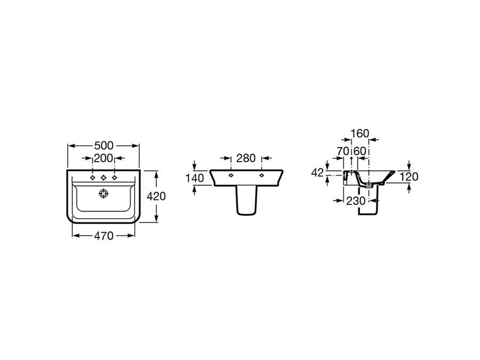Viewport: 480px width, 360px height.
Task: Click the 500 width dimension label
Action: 104,146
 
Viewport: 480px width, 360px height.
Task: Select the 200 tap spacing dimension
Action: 103,158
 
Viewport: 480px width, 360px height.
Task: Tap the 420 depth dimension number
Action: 156,196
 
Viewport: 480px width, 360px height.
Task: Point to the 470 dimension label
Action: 103,236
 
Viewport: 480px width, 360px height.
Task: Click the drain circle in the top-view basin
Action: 103,194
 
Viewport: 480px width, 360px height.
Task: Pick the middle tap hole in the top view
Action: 103,178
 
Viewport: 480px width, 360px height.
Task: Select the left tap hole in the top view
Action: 92,178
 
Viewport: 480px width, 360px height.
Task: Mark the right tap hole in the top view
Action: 115,178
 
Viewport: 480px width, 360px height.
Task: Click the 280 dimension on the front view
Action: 246,158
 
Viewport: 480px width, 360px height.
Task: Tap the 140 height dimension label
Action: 195,178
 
